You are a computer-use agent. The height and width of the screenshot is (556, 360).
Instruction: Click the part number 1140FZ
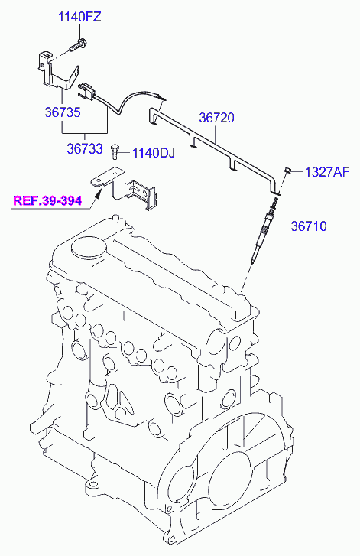click(x=79, y=17)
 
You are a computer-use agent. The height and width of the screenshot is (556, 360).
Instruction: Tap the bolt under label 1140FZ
click(x=78, y=44)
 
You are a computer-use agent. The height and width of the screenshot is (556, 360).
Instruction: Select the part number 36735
click(x=63, y=112)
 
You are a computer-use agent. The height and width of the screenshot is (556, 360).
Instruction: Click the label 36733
click(x=85, y=148)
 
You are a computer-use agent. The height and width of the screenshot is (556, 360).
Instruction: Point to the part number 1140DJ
click(x=154, y=153)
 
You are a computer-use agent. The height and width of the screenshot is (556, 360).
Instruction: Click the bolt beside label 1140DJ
click(x=115, y=151)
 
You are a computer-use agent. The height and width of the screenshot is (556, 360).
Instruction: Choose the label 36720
click(x=216, y=118)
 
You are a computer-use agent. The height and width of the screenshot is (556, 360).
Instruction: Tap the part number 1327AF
click(x=327, y=172)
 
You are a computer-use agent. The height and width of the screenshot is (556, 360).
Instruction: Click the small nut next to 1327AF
click(x=287, y=171)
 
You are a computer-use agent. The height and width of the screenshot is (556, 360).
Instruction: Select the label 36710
click(x=309, y=226)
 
